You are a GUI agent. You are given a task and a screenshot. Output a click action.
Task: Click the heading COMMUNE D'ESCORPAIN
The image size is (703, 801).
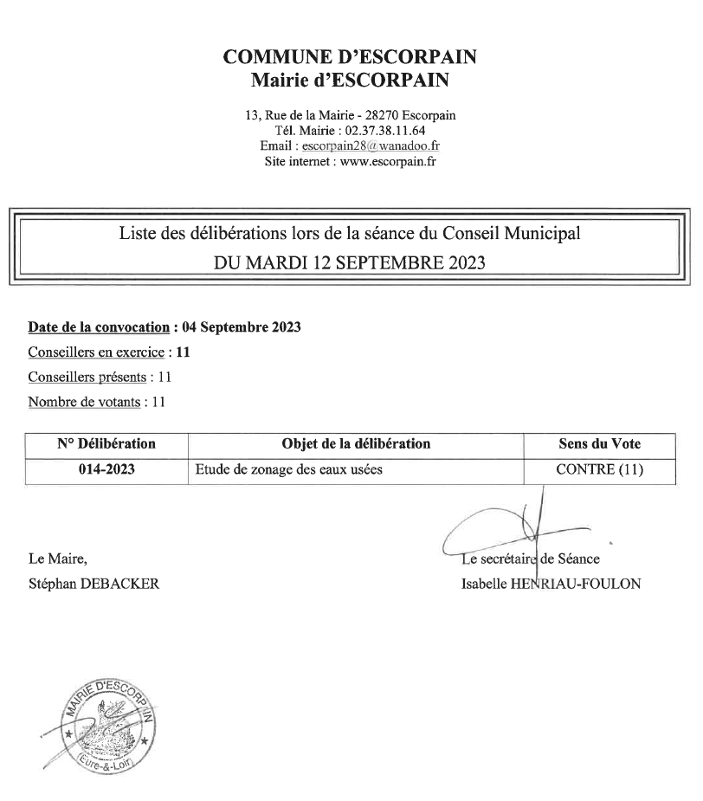click(x=351, y=58)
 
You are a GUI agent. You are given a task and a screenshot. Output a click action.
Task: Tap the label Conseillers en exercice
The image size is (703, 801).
click(x=96, y=352)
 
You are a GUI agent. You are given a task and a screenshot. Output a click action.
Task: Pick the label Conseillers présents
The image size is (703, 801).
click(x=87, y=378)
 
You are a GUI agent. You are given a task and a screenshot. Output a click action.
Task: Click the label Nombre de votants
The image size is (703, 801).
click(x=87, y=402)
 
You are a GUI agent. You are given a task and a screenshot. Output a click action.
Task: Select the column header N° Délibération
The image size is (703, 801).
click(x=106, y=444)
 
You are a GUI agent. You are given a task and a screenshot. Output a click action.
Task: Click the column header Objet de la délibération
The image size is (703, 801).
click(x=356, y=444)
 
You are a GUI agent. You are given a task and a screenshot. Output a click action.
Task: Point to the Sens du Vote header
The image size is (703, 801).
click(x=600, y=444)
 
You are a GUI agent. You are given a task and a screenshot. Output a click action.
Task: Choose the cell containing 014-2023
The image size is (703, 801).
click(x=106, y=470)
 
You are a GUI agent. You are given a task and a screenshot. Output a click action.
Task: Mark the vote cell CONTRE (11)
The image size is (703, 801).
click(x=600, y=470)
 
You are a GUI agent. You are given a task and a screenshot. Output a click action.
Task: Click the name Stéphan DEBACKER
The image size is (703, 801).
click(x=94, y=584)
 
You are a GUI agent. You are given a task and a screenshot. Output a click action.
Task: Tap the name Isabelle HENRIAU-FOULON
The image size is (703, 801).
click(x=551, y=584)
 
